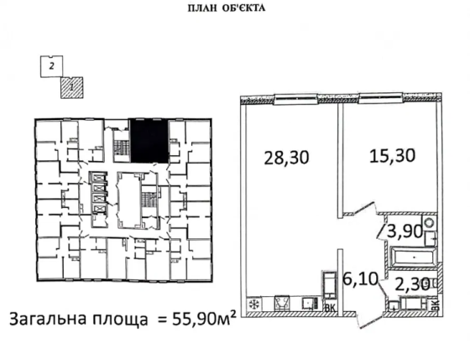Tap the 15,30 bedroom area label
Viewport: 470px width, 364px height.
coord(393,155)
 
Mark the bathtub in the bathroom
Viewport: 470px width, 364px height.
coord(412,255)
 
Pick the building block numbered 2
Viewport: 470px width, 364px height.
coord(52,64)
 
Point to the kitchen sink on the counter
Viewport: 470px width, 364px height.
coord(282,304)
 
